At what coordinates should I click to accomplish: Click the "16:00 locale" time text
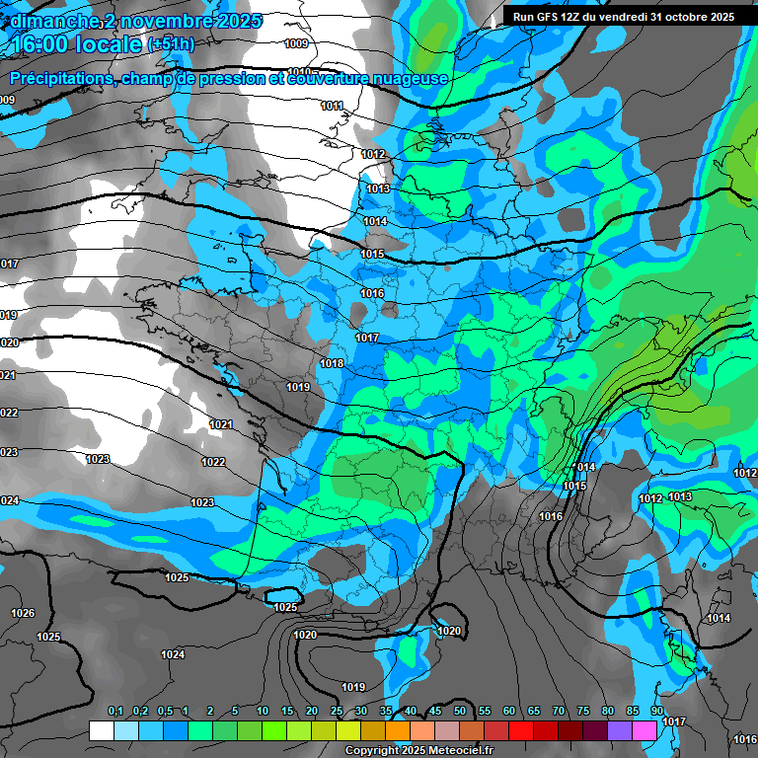point(77,44)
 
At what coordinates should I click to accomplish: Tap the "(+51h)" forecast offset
point(171,44)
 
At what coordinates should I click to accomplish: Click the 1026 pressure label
point(23,613)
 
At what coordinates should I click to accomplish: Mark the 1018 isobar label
point(332,363)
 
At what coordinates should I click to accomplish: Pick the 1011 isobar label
point(332,106)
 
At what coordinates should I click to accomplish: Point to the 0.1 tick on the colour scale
point(114,712)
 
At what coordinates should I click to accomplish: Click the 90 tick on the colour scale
point(656,712)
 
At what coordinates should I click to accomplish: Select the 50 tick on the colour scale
point(459,712)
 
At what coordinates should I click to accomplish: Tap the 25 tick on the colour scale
point(337,712)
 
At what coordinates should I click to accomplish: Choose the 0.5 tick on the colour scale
point(164,712)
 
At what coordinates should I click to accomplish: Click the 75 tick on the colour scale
point(582,712)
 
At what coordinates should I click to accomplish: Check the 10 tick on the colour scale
point(263,712)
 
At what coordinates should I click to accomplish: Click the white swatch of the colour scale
point(102,730)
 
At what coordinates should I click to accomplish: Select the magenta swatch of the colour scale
point(644,730)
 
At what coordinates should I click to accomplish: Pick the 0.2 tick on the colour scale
point(139,712)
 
